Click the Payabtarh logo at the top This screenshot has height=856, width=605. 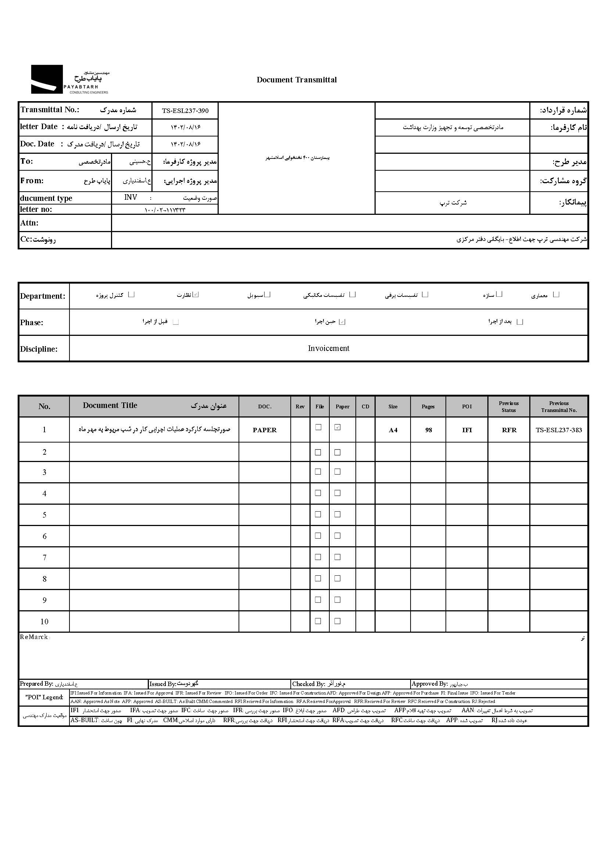(70, 79)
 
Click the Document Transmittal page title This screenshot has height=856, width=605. (297, 80)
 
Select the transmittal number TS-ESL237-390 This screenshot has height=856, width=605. (185, 111)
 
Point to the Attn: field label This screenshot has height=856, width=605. (29, 223)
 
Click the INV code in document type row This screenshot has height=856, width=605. (130, 197)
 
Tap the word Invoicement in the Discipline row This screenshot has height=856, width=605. (329, 348)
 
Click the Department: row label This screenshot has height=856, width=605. (43, 296)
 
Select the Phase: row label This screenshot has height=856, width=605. (32, 323)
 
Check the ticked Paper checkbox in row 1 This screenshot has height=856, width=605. (337, 427)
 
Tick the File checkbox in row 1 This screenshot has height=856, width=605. (318, 427)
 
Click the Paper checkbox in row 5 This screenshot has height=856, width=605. (337, 515)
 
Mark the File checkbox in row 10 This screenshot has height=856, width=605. (318, 621)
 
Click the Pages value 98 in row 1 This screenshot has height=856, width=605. (429, 430)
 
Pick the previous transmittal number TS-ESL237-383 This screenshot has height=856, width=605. (559, 430)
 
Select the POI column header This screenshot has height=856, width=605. (467, 406)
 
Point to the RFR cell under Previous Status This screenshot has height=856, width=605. (509, 430)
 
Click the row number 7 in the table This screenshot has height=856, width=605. (44, 557)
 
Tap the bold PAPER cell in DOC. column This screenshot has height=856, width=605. (265, 430)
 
